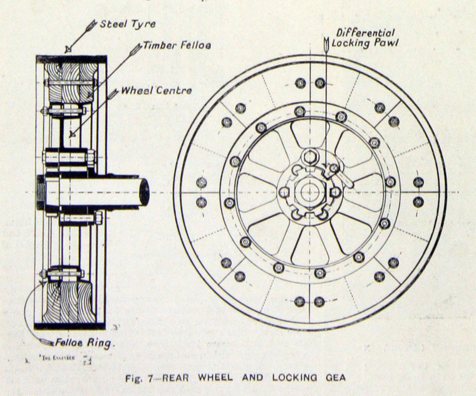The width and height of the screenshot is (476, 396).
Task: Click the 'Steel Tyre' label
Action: click(128, 25)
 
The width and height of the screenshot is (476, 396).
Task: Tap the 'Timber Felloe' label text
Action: click(168, 46)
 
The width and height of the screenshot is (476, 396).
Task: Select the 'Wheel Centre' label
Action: click(156, 90)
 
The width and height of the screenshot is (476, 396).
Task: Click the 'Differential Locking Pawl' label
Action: click(363, 38)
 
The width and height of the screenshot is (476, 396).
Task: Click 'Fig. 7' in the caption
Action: click(137, 378)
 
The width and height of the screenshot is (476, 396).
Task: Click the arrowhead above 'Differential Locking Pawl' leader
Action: click(326, 44)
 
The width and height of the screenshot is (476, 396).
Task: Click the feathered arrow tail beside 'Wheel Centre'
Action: click(112, 94)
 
